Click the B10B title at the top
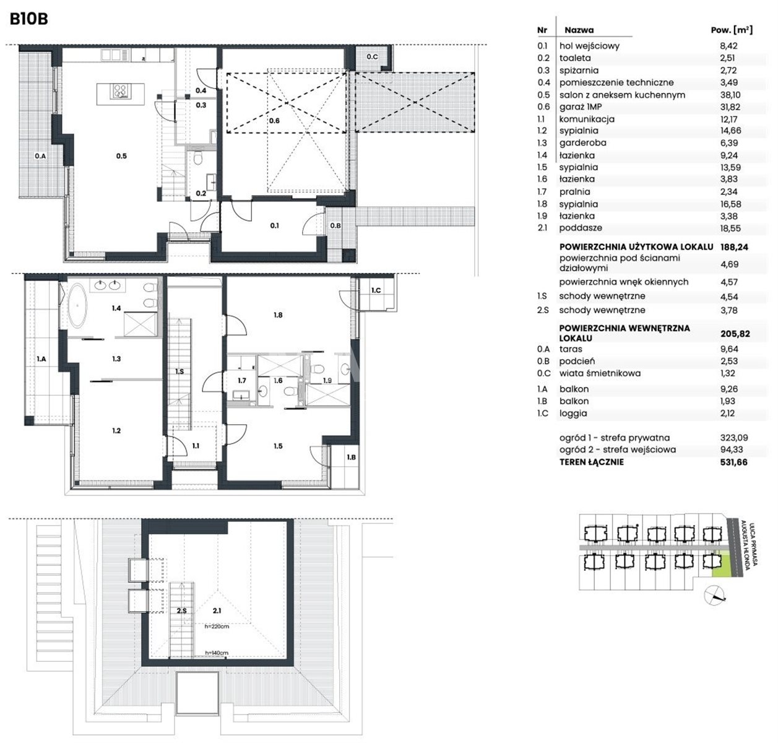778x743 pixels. pos(29,19)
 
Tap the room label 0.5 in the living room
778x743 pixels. pos(121,156)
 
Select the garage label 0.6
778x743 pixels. pos(274,121)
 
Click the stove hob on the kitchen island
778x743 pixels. pos(121,91)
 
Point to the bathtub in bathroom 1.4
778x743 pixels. pos(77,308)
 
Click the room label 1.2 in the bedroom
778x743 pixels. pos(116,431)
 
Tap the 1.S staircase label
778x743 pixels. pos(179,371)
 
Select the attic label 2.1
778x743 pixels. pos(217,610)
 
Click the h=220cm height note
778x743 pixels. pos(217,627)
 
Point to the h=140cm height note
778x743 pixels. pos(217,653)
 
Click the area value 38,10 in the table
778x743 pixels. pos(730,95)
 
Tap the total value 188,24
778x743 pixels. pos(734,247)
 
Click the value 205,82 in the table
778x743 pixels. pos(735,334)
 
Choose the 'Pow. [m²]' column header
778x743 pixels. pos(732,30)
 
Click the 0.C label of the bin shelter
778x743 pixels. pos(372,57)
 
